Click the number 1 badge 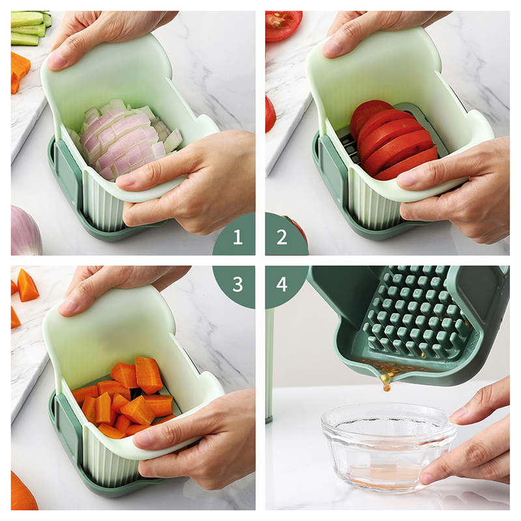237,237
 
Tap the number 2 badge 282,237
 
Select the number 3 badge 237,284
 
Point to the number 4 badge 282,284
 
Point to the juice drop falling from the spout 387,387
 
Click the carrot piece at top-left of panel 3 27,285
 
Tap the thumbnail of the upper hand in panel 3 68,305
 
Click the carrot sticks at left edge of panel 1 20,72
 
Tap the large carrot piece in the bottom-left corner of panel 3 23,491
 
